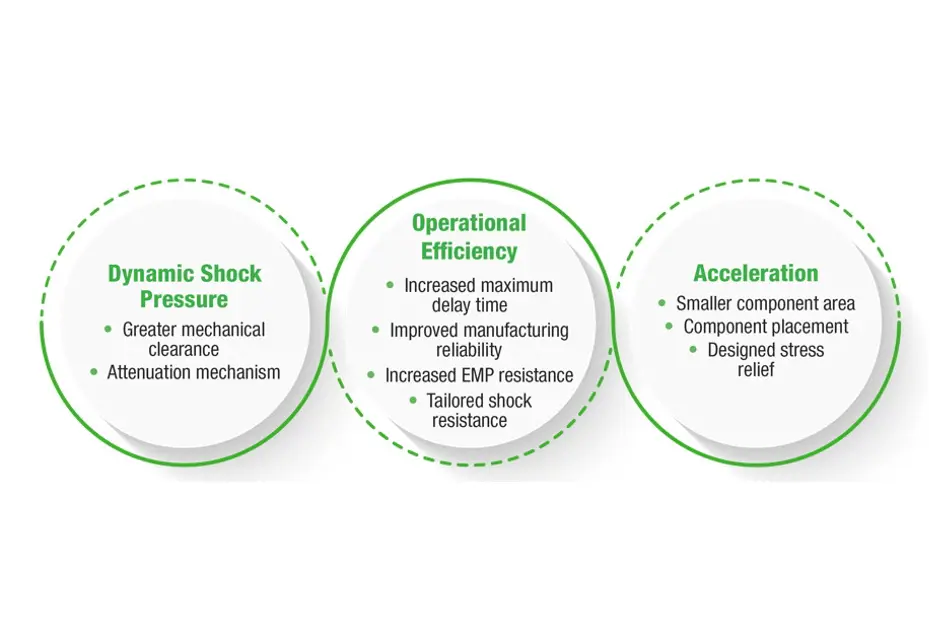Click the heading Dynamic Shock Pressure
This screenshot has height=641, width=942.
click(184, 286)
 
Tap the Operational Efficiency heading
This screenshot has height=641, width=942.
click(469, 236)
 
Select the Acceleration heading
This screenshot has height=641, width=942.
click(756, 273)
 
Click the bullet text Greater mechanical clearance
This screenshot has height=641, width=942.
click(193, 339)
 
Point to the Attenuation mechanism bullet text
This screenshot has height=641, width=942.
click(194, 372)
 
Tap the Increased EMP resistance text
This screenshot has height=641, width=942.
click(479, 375)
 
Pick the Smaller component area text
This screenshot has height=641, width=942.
click(765, 303)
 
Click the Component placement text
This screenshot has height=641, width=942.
click(765, 327)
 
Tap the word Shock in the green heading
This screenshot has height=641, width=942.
click(229, 274)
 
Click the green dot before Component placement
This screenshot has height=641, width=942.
click(670, 326)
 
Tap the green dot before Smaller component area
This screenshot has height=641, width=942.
click(662, 302)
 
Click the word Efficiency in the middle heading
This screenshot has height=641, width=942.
click(469, 250)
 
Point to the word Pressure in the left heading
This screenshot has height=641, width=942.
click(184, 299)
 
